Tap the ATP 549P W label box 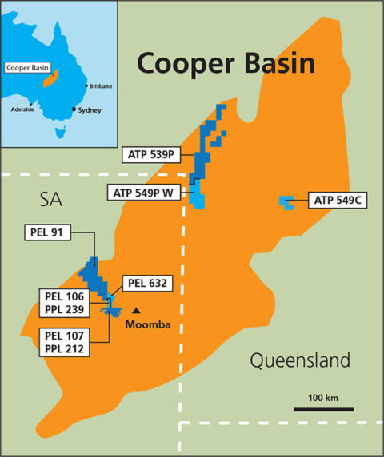pos(147,192)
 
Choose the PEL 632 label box pos(145,282)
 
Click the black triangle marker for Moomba pos(137,311)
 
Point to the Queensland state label pos(300,361)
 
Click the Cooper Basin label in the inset pos(23,68)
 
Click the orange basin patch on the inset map pos(54,78)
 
